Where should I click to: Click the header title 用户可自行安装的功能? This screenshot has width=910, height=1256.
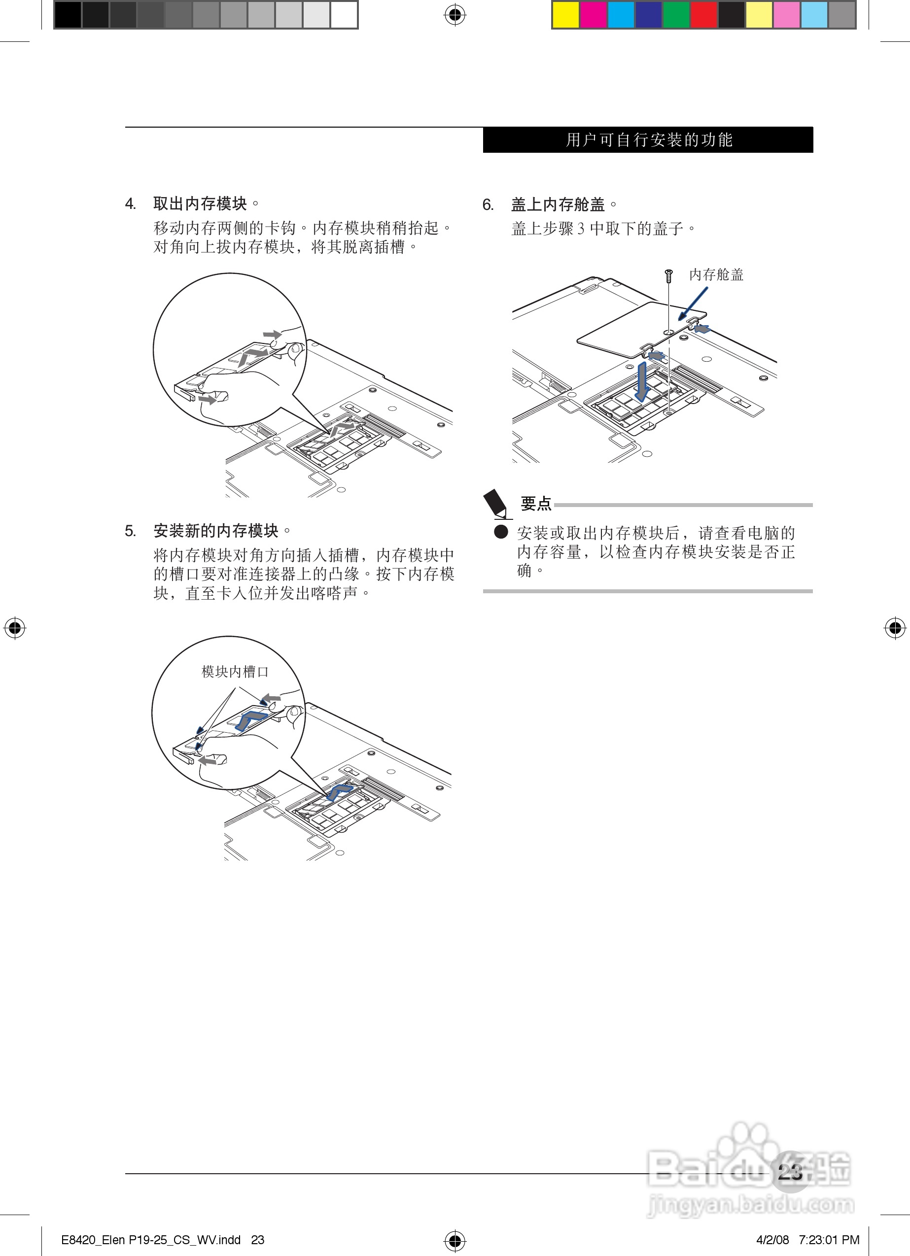(648, 139)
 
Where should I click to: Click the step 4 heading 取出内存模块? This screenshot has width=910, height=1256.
(200, 204)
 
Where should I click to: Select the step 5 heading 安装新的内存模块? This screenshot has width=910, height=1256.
(215, 531)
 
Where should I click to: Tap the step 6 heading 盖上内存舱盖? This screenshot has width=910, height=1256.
(558, 204)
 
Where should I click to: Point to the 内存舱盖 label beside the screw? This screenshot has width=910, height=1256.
(716, 274)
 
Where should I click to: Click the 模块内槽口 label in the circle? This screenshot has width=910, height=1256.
(235, 671)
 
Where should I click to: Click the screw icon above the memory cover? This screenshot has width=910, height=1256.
(669, 275)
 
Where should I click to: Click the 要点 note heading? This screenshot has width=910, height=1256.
(536, 504)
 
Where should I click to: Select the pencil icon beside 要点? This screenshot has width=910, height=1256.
(496, 504)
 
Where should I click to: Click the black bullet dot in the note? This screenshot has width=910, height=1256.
(501, 532)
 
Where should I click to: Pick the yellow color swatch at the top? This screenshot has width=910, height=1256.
(566, 15)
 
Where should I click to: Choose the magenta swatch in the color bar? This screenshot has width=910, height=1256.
(593, 15)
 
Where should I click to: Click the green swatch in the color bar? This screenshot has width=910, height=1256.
(676, 15)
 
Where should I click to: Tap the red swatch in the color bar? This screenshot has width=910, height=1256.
(704, 15)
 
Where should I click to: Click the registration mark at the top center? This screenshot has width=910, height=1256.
(455, 15)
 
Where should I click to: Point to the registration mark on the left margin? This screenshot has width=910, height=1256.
(15, 627)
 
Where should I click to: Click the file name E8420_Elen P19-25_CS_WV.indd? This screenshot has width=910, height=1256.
(151, 1240)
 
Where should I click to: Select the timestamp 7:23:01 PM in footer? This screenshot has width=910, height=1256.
(829, 1240)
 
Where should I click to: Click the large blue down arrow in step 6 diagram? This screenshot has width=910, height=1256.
(642, 381)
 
